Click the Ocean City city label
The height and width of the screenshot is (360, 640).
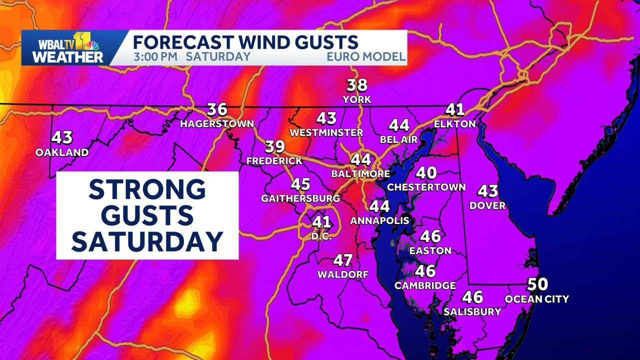click(537, 299)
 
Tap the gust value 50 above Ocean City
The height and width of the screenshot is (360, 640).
click(537, 285)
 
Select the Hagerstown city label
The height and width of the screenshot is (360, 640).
click(217, 123)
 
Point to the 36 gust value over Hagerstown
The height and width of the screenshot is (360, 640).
click(217, 109)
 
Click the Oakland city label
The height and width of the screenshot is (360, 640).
click(62, 152)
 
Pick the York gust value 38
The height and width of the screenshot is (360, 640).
click(357, 85)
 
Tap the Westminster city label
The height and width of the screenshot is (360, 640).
click(326, 132)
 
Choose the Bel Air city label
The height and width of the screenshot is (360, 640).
click(398, 139)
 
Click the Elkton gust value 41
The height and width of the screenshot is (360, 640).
click(455, 109)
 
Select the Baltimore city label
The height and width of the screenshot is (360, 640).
click(360, 173)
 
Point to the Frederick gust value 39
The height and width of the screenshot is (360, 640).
click(274, 146)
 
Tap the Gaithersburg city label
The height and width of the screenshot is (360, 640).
click(300, 198)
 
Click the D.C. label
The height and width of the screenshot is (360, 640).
click(321, 236)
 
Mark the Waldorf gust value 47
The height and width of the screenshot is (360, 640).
click(343, 260)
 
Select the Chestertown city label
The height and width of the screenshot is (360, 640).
click(426, 187)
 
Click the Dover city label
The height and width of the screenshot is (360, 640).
click(487, 205)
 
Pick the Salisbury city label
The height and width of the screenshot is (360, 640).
click(472, 311)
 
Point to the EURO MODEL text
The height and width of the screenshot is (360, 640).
click(366, 56)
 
